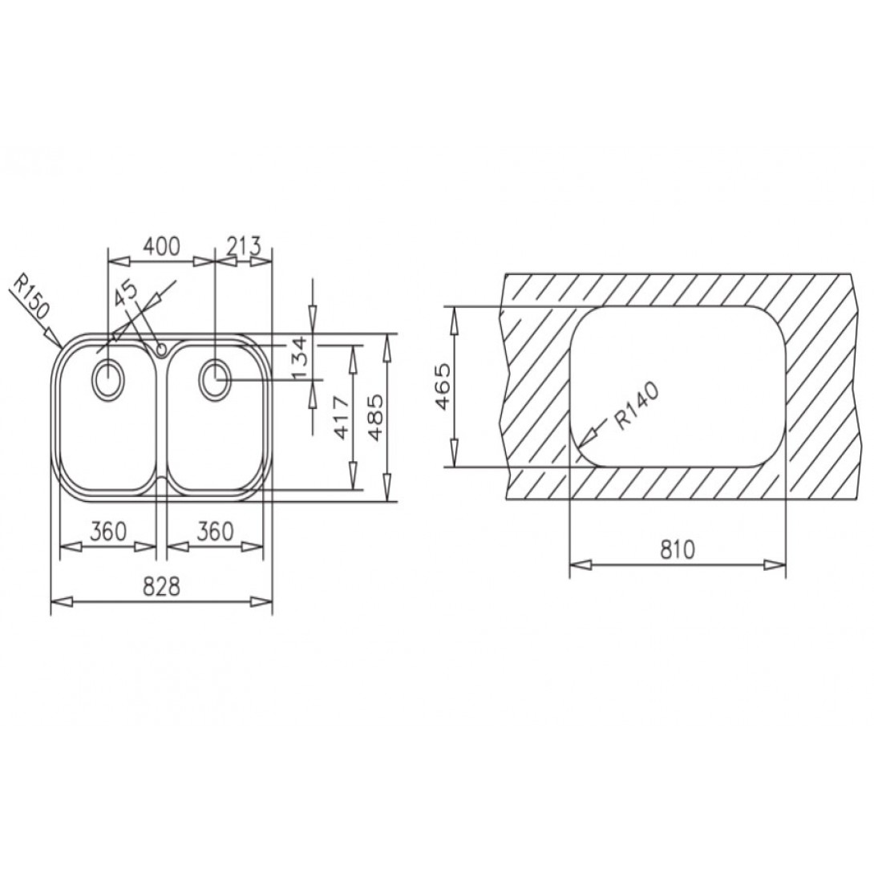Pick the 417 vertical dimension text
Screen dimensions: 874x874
pyautogui.click(x=340, y=418)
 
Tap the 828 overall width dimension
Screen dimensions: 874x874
pyautogui.click(x=161, y=586)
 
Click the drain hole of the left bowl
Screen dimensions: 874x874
pyautogui.click(x=107, y=378)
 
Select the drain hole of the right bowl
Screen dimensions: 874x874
pyautogui.click(x=215, y=378)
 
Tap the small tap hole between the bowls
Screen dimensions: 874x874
pyautogui.click(x=161, y=349)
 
